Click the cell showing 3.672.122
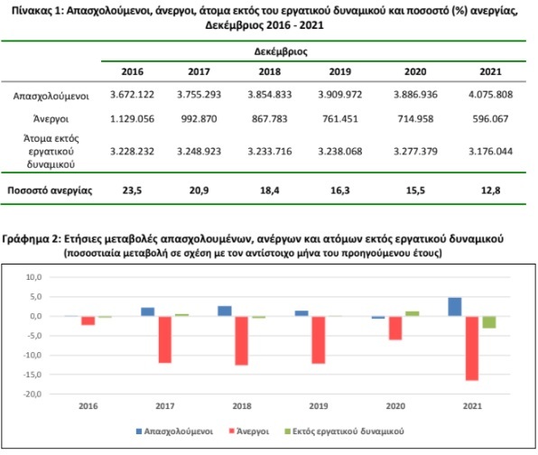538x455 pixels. (132, 95)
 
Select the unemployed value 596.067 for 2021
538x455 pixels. (490, 119)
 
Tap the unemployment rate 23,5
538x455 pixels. (132, 190)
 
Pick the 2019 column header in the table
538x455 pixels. (340, 71)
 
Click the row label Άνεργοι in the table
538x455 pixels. (51, 119)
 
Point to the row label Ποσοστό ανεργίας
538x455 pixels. (50, 190)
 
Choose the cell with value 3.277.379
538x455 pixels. (415, 152)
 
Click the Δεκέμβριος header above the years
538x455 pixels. (281, 51)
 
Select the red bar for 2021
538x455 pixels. (472, 348)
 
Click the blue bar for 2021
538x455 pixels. (455, 307)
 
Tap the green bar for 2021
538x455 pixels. (489, 322)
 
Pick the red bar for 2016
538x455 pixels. (88, 320)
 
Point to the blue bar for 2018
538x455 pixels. (225, 311)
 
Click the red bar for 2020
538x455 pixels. (395, 328)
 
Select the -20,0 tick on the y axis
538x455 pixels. (32, 395)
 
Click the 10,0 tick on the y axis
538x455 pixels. (34, 277)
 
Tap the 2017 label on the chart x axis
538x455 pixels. (165, 406)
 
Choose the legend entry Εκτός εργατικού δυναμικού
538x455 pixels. (344, 432)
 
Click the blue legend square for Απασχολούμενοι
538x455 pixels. (139, 432)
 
